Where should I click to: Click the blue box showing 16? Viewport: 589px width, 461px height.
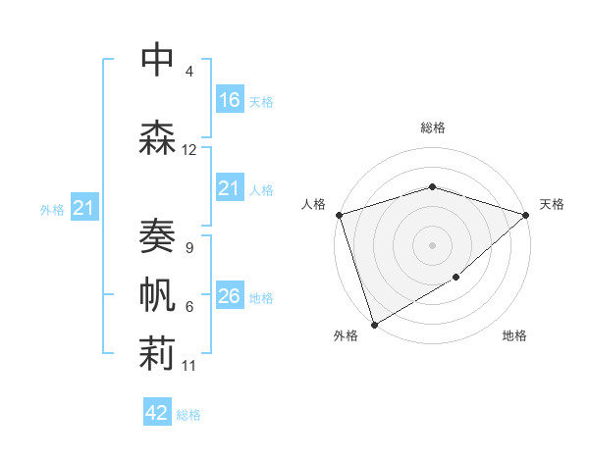tap(230, 100)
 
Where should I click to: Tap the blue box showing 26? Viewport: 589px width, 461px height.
tap(230, 296)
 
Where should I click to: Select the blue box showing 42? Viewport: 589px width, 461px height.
tap(157, 413)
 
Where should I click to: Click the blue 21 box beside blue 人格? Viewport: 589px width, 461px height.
tap(230, 188)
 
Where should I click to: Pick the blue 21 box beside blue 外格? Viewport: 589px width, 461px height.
tap(84, 208)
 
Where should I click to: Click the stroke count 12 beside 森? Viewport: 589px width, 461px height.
tap(189, 150)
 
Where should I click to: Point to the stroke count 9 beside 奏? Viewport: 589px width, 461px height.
tap(188, 248)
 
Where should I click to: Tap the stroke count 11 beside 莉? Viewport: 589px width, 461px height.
tap(189, 366)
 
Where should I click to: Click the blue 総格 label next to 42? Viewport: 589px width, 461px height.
tap(188, 415)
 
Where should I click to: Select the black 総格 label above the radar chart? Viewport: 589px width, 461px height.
tap(433, 128)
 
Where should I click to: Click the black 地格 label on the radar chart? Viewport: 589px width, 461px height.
tap(514, 335)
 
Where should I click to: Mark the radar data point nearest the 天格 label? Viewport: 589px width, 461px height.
tap(527, 215)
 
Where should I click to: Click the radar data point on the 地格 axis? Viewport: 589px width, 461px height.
tap(456, 279)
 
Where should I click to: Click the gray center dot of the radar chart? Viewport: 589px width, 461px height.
tap(432, 245)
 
